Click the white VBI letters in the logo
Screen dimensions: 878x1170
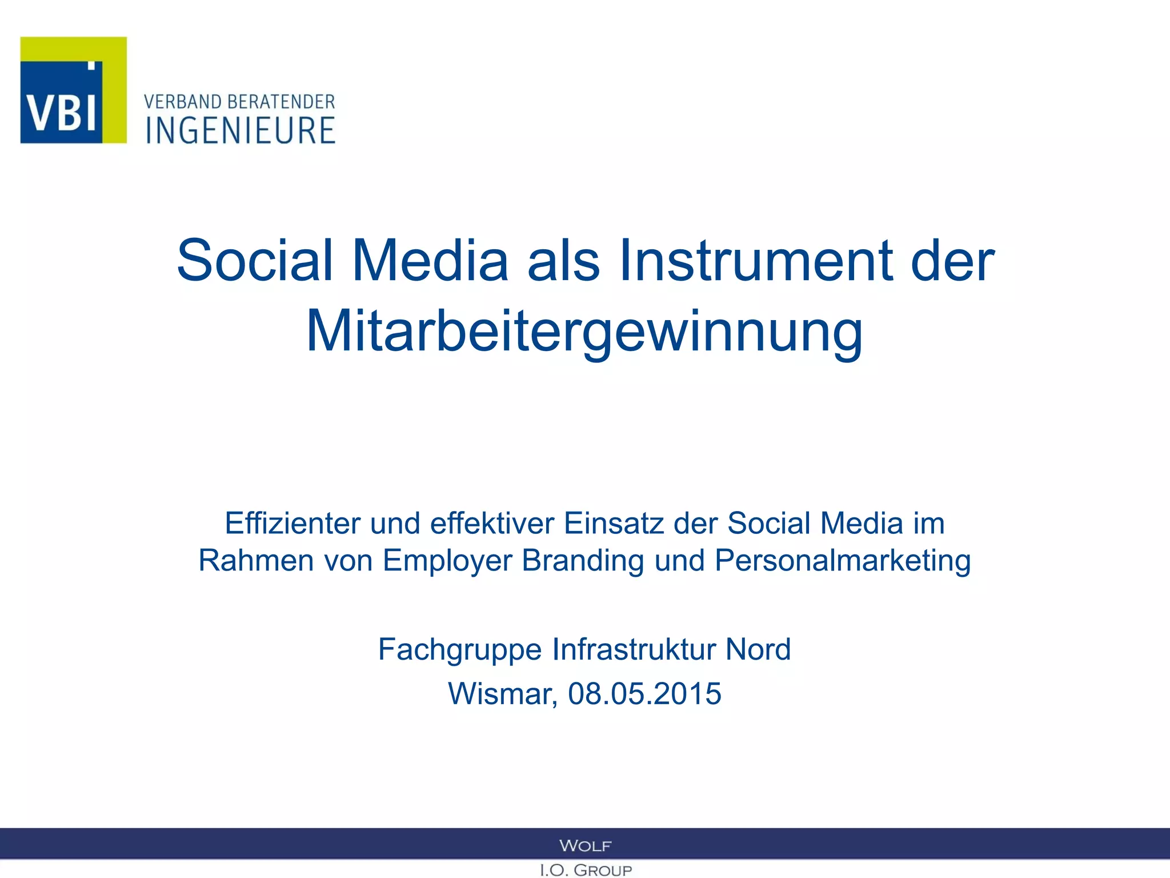click(62, 111)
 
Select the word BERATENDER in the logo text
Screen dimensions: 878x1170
click(281, 102)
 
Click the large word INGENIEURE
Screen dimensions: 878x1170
click(241, 130)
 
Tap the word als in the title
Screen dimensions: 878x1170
click(563, 261)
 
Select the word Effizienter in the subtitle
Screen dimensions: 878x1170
click(292, 523)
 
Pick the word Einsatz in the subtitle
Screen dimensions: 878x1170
click(614, 523)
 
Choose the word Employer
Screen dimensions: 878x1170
click(447, 561)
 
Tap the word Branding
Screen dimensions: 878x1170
click(583, 561)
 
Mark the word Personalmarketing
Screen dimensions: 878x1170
click(843, 561)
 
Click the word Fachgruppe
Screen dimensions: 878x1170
click(460, 650)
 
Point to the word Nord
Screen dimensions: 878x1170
click(758, 649)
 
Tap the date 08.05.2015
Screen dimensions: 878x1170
click(644, 694)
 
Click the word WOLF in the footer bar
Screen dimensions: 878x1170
click(585, 845)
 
